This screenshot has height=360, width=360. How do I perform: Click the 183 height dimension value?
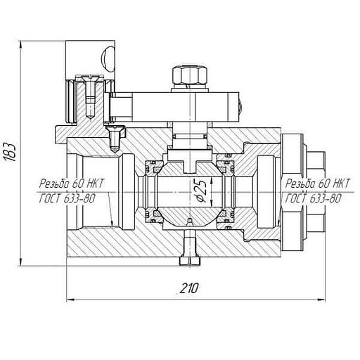coord(11,151)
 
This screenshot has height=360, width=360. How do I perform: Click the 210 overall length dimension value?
coord(189,288)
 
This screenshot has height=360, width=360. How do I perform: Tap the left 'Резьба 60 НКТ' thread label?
coord(71,184)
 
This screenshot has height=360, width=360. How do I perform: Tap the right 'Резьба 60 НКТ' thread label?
coord(318,183)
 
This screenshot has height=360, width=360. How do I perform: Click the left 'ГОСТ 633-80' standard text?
coord(67,199)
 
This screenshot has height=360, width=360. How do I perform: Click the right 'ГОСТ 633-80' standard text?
coord(313,199)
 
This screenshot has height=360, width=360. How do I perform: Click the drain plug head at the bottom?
coord(190,262)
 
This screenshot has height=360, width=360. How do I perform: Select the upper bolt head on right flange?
coord(316,160)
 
